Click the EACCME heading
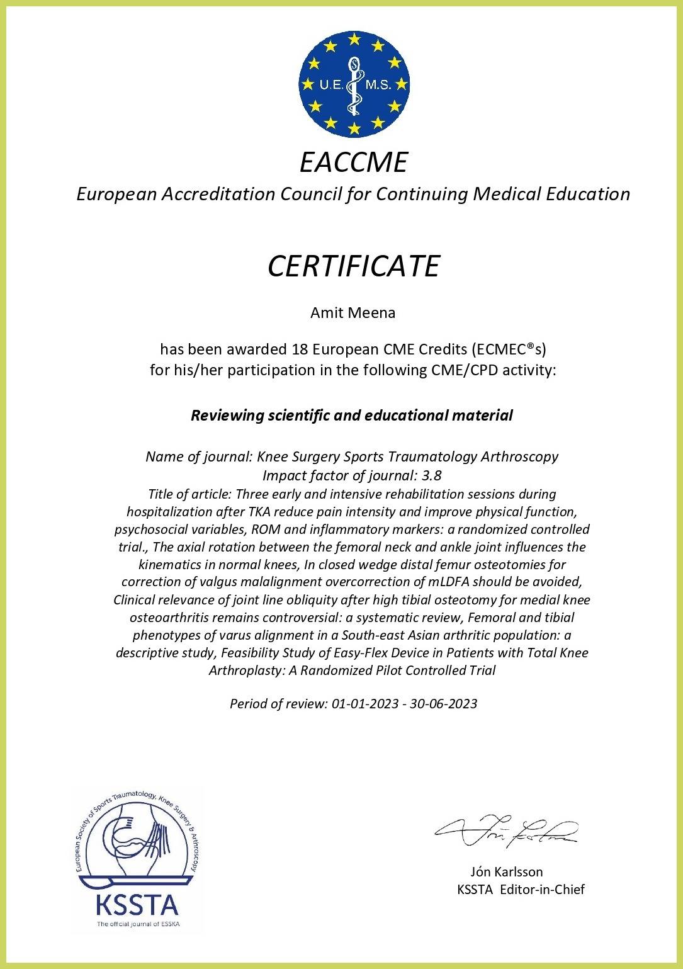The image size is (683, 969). point(354,162)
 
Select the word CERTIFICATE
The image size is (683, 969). point(353,266)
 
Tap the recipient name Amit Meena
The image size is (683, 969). point(353,313)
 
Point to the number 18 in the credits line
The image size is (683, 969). point(300,348)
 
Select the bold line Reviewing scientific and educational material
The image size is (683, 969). point(352,416)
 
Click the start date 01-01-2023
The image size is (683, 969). point(363,703)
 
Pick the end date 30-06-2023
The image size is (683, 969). point(443,703)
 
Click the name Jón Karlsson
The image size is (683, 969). point(506,872)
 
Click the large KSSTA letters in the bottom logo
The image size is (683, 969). point(137,906)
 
